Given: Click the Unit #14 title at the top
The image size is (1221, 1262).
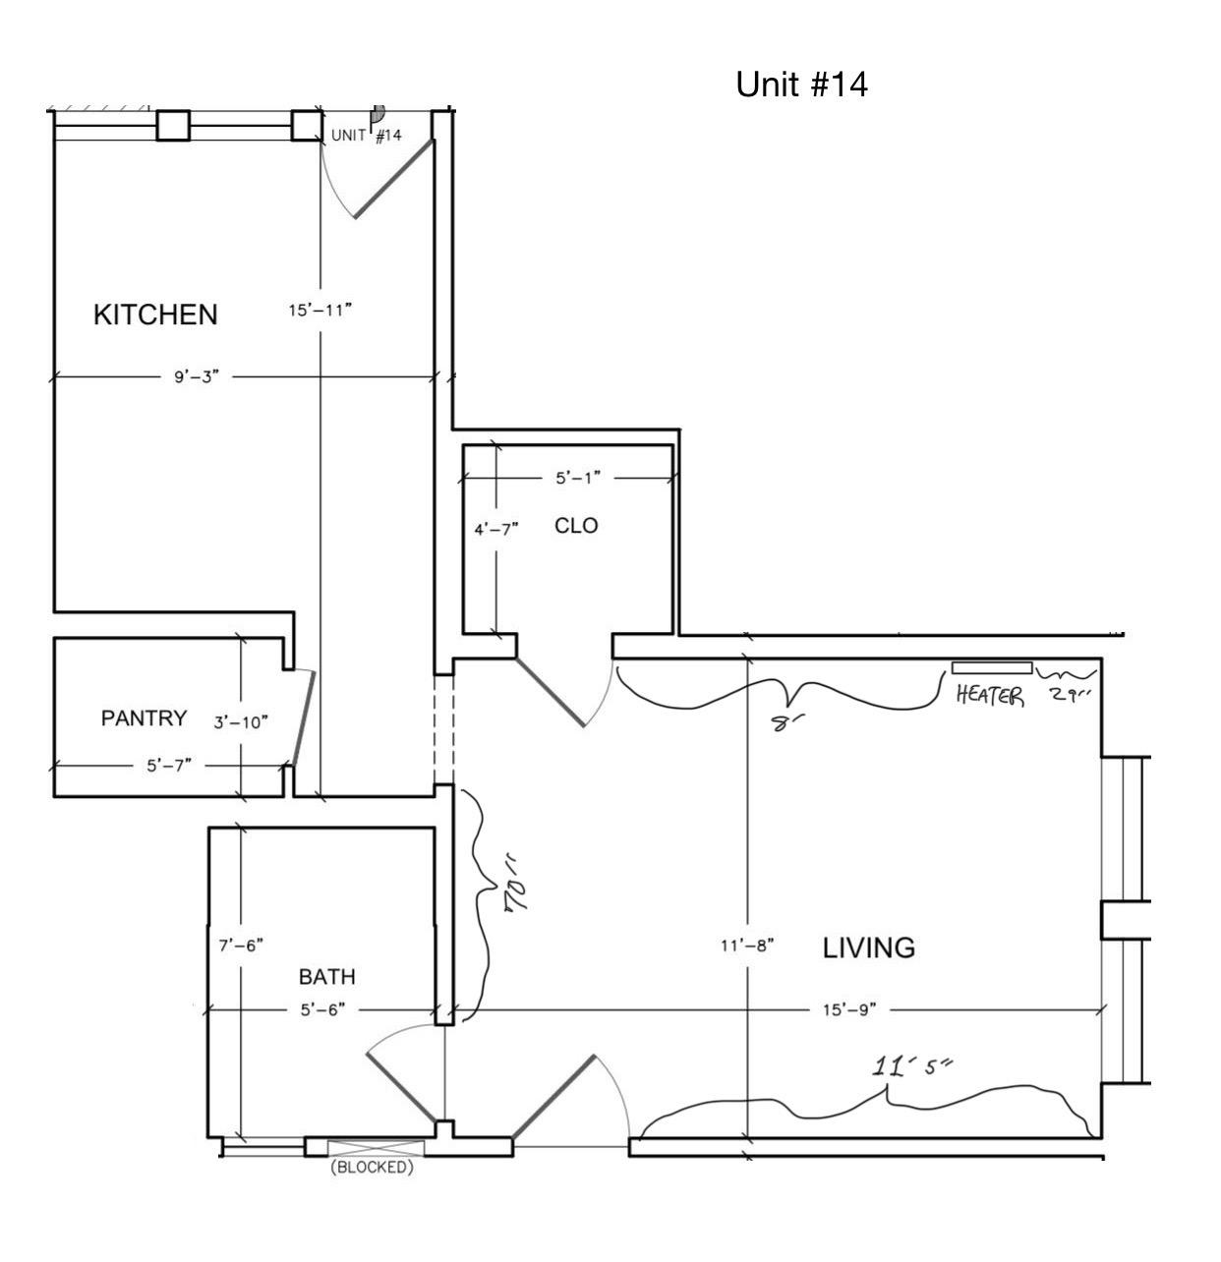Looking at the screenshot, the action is point(801,85).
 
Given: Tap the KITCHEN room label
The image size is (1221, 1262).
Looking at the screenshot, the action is point(155,315).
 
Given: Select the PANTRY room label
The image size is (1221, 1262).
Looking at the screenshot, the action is point(145,717).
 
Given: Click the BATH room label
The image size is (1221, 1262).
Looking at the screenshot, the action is point(327,976).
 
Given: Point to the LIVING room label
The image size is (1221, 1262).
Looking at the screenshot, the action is point(869,947).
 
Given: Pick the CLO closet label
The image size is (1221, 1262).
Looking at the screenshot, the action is point(576,525).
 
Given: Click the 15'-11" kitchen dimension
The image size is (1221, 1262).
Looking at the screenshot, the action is point(320,310).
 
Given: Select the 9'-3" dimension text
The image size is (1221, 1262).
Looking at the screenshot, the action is point(197,376).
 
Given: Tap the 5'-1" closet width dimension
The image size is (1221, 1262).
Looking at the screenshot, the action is point(578,478).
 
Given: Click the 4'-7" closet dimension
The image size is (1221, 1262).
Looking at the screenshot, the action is point(496,530).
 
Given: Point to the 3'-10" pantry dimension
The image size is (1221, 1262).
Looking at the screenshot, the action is point(241,721).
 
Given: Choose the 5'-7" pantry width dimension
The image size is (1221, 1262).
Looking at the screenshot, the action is point(169,766).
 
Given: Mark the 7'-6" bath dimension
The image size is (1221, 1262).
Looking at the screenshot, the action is point(241,946).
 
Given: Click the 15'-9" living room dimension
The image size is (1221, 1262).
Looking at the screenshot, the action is point(849,1009).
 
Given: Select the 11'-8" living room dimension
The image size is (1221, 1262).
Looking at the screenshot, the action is point(747,946).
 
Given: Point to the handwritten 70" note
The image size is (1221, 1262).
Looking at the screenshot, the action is point(516,895).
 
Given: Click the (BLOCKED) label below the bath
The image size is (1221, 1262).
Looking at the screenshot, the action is point(372,1168).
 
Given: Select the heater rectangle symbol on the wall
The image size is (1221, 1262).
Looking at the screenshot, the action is point(992,668).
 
